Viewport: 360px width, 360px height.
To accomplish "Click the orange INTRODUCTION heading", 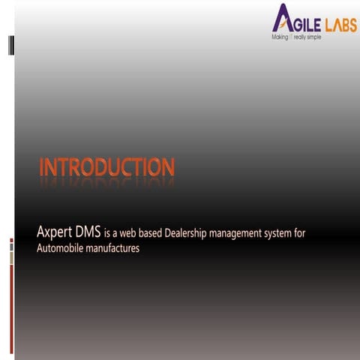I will tap(106, 167).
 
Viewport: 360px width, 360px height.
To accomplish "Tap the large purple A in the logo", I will tap(283, 18).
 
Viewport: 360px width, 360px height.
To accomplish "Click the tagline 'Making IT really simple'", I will tap(296, 37).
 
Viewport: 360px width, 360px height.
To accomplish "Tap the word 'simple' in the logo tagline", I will tap(312, 37).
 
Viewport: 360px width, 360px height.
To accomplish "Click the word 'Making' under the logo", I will tap(280, 37).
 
